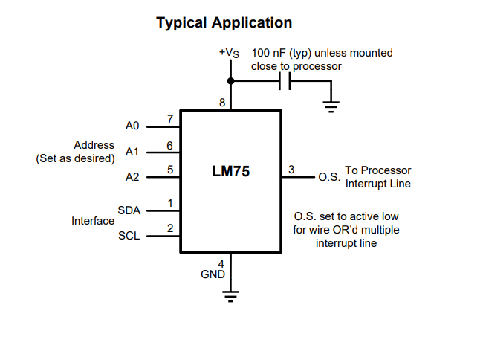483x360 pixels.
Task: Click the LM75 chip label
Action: [x=231, y=172]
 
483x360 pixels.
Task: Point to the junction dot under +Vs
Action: [x=231, y=80]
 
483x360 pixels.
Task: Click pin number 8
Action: [x=222, y=103]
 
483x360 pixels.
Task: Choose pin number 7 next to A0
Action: [x=170, y=119]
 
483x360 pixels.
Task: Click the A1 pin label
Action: [x=132, y=152]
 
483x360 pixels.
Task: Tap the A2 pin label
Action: [x=132, y=177]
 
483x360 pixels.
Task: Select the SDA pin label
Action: [x=129, y=210]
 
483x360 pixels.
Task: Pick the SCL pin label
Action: [x=129, y=236]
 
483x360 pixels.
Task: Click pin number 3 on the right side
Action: [x=291, y=170]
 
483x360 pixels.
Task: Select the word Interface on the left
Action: [x=93, y=221]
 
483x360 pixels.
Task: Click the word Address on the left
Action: [x=94, y=145]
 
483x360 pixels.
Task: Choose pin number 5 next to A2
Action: [x=170, y=170]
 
